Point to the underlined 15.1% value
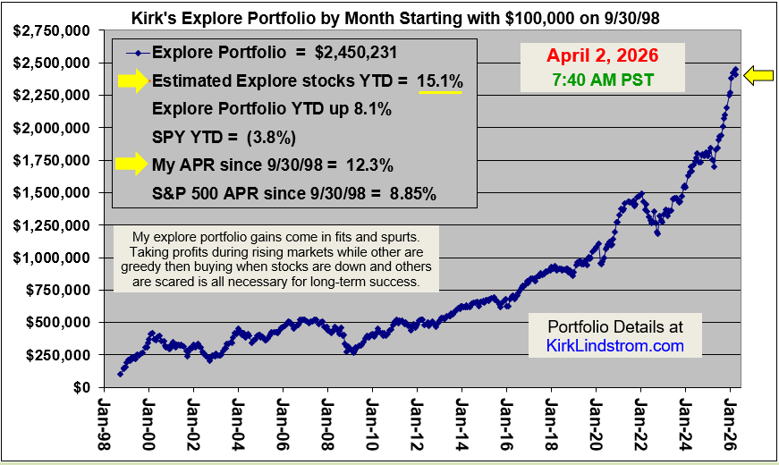440,81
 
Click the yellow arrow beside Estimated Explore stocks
132,81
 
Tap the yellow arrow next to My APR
132,163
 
